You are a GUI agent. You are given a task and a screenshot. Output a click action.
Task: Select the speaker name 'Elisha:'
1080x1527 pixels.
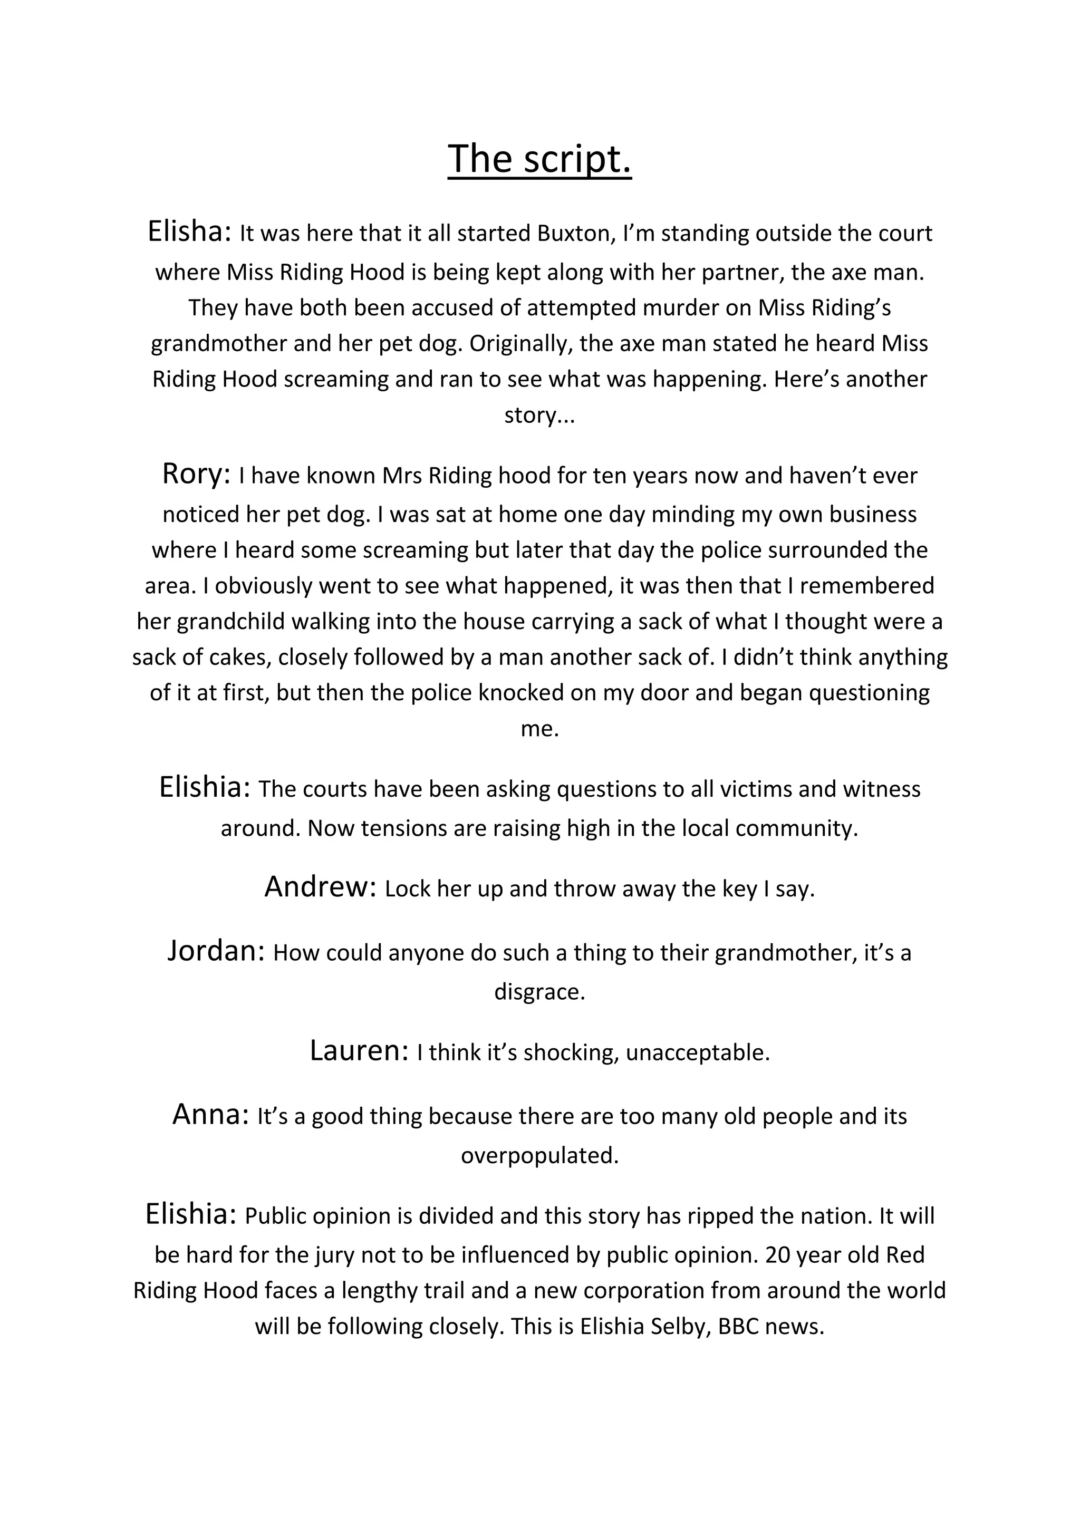coord(189,231)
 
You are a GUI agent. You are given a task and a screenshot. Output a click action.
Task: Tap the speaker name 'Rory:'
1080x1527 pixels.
coord(196,474)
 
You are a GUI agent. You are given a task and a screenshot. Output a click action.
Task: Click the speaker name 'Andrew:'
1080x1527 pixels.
coord(321,887)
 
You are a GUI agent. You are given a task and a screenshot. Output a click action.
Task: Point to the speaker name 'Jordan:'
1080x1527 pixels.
coord(216,951)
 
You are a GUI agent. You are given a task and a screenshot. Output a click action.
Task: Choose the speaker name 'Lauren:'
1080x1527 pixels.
coord(359,1051)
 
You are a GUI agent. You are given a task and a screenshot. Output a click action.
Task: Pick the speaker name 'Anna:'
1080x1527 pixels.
coord(211,1115)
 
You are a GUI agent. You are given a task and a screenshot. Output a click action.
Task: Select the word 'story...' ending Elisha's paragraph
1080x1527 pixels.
coord(539,415)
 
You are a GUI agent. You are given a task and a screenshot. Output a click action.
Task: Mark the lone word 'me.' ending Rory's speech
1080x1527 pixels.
coord(539,729)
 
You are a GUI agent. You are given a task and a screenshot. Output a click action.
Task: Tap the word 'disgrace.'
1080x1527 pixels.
coord(539,992)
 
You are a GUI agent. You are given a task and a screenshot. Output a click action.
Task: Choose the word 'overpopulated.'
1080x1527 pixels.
coord(539,1155)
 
